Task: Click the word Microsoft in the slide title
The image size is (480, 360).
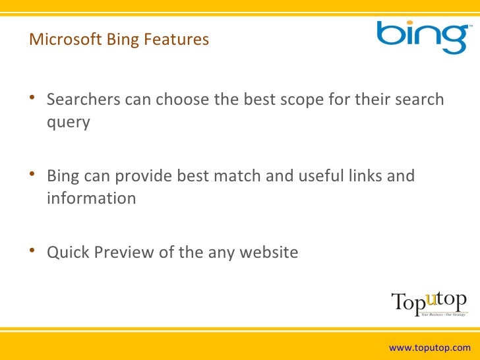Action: [63, 40]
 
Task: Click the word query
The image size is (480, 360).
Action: [68, 123]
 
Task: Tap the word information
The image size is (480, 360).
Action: [92, 198]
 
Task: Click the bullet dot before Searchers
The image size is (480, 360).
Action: [33, 100]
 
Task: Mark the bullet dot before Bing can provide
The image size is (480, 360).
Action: [33, 177]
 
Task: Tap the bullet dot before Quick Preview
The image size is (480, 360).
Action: [33, 252]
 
